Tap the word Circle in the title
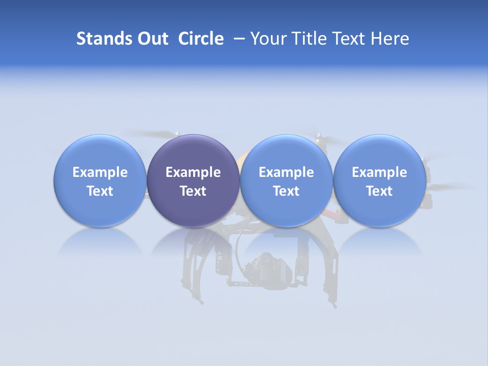(x=201, y=39)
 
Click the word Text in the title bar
(x=349, y=39)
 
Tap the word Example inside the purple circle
(x=193, y=172)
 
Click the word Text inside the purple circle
(x=193, y=191)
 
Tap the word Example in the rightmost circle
(x=380, y=172)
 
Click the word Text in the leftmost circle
(x=100, y=191)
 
